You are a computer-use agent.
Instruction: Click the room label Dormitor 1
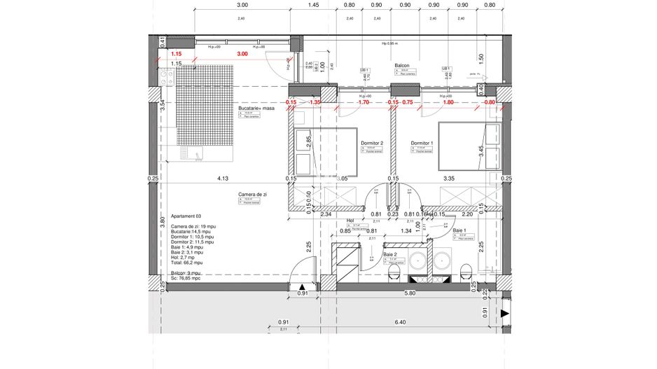coord(422,143)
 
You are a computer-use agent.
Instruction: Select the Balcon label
coord(401,64)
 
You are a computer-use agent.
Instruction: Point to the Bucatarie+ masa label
coord(257,109)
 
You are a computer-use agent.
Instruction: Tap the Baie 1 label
coord(459,230)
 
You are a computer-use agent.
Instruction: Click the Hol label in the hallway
coord(351,219)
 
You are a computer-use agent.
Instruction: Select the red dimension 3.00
coord(242,54)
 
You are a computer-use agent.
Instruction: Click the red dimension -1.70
coord(362,102)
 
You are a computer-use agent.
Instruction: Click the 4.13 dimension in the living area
coord(223,179)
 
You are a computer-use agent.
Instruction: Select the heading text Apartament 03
coord(187,217)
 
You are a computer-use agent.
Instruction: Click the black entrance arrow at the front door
coord(302,288)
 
